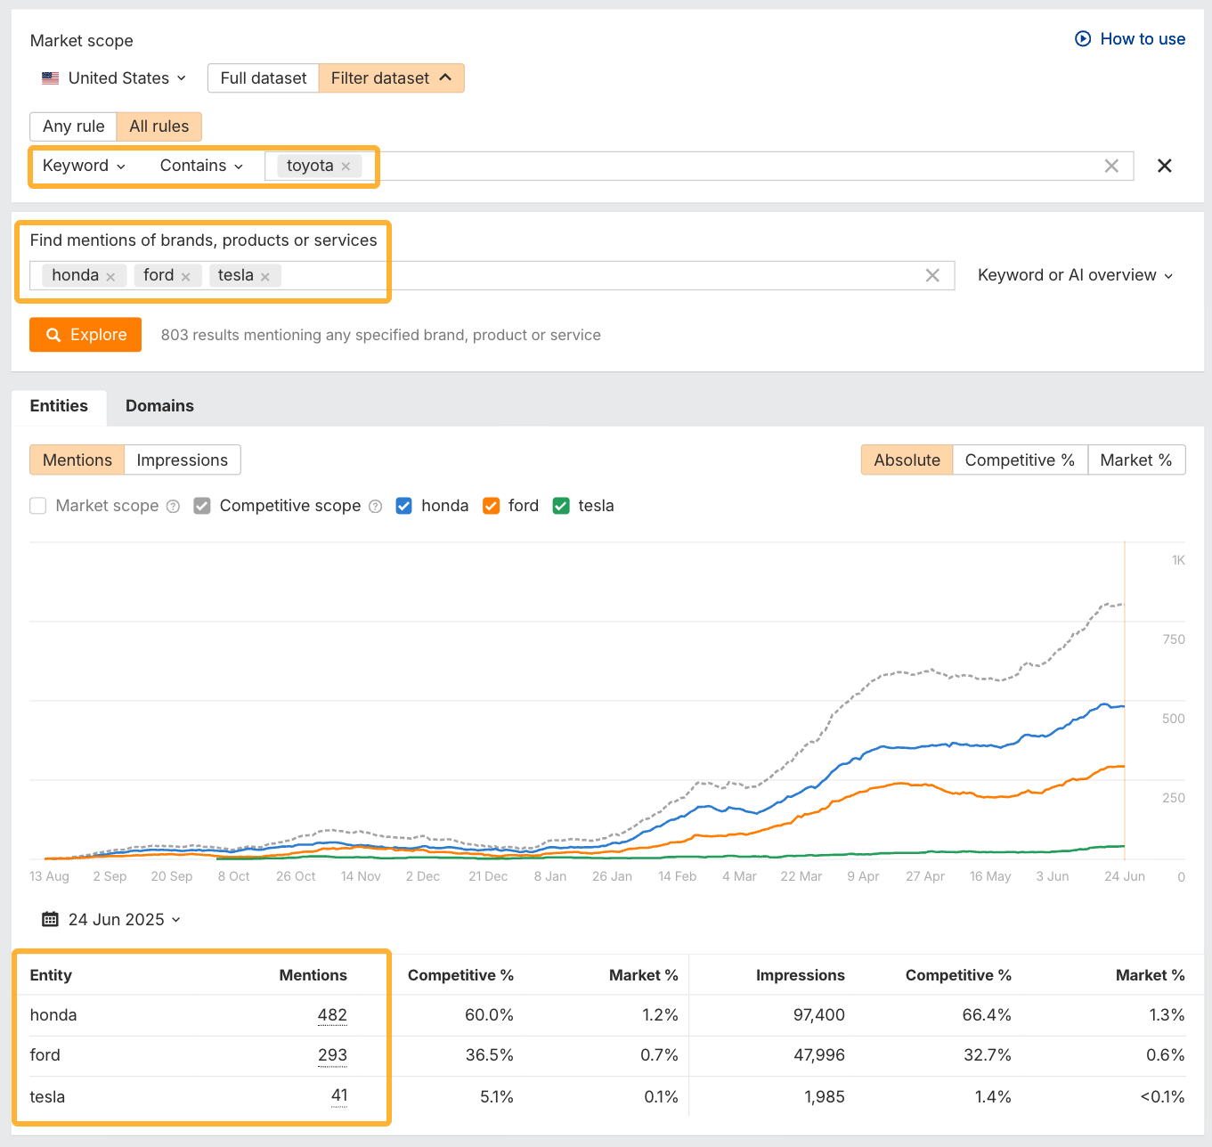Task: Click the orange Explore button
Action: click(85, 335)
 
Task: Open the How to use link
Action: click(1130, 39)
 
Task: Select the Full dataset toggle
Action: click(263, 78)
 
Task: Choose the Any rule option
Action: click(73, 126)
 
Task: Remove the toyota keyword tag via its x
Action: click(346, 167)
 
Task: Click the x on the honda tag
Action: click(110, 277)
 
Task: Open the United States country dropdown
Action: click(114, 78)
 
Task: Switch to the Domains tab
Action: click(159, 406)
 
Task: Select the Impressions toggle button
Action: click(182, 460)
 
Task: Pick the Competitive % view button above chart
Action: click(1019, 460)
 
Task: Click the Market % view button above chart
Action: click(1135, 460)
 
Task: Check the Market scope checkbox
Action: click(38, 506)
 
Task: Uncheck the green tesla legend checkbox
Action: click(561, 506)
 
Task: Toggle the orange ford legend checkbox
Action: click(491, 506)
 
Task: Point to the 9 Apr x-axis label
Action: click(863, 876)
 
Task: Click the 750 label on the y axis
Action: click(1173, 639)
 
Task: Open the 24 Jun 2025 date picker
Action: click(112, 920)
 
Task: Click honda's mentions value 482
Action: click(332, 1015)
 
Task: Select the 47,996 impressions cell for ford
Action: click(818, 1055)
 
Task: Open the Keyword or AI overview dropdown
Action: click(1075, 276)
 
